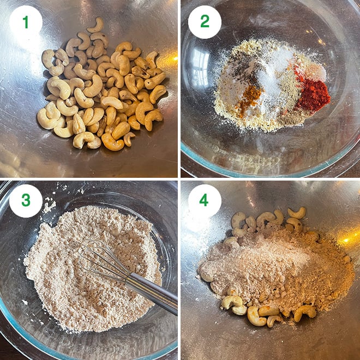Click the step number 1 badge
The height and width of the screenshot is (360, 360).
[26, 22]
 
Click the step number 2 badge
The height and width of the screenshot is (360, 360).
[205, 22]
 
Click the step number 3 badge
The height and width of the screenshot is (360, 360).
[26, 200]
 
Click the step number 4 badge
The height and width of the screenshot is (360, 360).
[205, 200]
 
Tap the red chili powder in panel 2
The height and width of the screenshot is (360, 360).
[313, 95]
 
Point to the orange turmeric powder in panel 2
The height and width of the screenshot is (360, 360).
[250, 98]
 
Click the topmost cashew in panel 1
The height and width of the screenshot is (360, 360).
[97, 25]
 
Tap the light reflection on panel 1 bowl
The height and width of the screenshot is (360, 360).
[173, 58]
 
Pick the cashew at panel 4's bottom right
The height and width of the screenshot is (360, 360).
[305, 312]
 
